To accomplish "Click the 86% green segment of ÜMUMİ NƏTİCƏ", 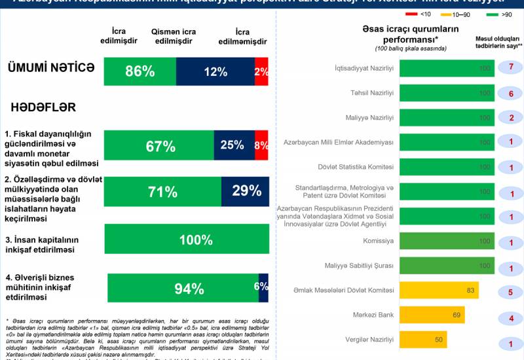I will click(140, 72).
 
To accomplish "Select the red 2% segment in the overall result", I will click(261, 72).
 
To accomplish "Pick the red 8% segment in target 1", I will click(261, 145).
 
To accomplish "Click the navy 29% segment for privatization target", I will click(245, 191).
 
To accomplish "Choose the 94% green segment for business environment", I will click(183, 289).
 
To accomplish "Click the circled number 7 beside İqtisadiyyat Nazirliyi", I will click(510, 67).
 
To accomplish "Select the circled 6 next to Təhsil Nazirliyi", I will click(510, 92).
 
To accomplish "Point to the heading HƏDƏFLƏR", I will click(43, 107).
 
